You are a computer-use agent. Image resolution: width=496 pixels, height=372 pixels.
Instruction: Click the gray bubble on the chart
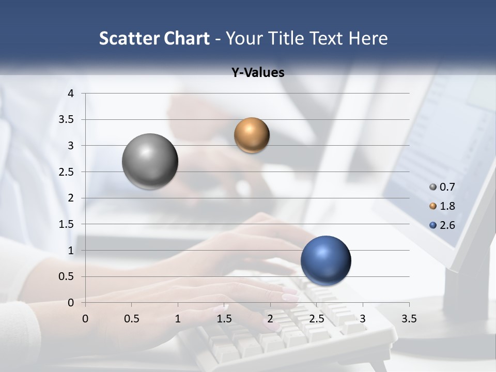click(x=150, y=161)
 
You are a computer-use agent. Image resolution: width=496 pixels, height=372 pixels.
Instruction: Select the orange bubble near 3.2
click(x=252, y=135)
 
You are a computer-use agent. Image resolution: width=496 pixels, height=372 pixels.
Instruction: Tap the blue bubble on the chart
click(x=326, y=260)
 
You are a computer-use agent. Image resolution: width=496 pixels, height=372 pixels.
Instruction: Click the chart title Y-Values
click(x=258, y=72)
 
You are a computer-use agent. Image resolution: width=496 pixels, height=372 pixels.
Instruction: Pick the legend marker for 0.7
click(x=433, y=187)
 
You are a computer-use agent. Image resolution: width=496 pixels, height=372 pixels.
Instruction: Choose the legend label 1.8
click(x=447, y=206)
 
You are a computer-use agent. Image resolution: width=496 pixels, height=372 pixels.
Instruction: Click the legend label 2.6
click(x=447, y=225)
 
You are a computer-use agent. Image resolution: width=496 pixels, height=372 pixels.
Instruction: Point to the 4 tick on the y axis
click(x=71, y=94)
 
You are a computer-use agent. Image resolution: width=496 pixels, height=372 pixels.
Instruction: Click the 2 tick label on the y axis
click(x=71, y=198)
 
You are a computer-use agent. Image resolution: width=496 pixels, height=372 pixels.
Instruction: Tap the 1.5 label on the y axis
click(x=68, y=224)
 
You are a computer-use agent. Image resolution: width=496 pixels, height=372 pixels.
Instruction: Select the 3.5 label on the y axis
click(x=68, y=119)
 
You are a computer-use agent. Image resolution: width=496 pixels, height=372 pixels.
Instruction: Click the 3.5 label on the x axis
click(x=409, y=319)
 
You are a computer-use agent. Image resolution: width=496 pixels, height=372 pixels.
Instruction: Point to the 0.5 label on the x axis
click(x=131, y=319)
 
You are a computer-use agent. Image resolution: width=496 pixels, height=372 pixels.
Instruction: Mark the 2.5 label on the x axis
click(x=316, y=319)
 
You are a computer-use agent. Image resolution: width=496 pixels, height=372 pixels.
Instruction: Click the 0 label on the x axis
click(x=85, y=319)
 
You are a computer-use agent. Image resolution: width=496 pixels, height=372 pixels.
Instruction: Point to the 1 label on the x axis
click(x=178, y=319)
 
